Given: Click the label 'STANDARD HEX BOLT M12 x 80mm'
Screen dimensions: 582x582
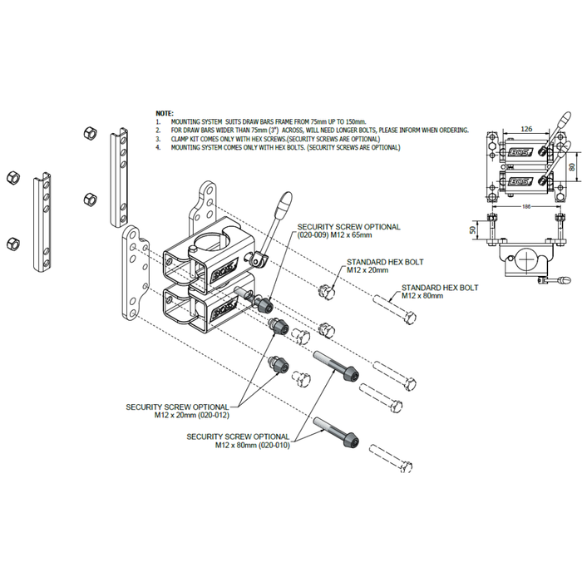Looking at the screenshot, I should [440, 291].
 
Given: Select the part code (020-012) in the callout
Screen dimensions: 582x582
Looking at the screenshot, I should [211, 415].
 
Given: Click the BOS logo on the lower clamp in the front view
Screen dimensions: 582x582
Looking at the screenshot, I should [518, 181].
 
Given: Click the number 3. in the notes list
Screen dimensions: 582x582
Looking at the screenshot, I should [158, 139].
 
